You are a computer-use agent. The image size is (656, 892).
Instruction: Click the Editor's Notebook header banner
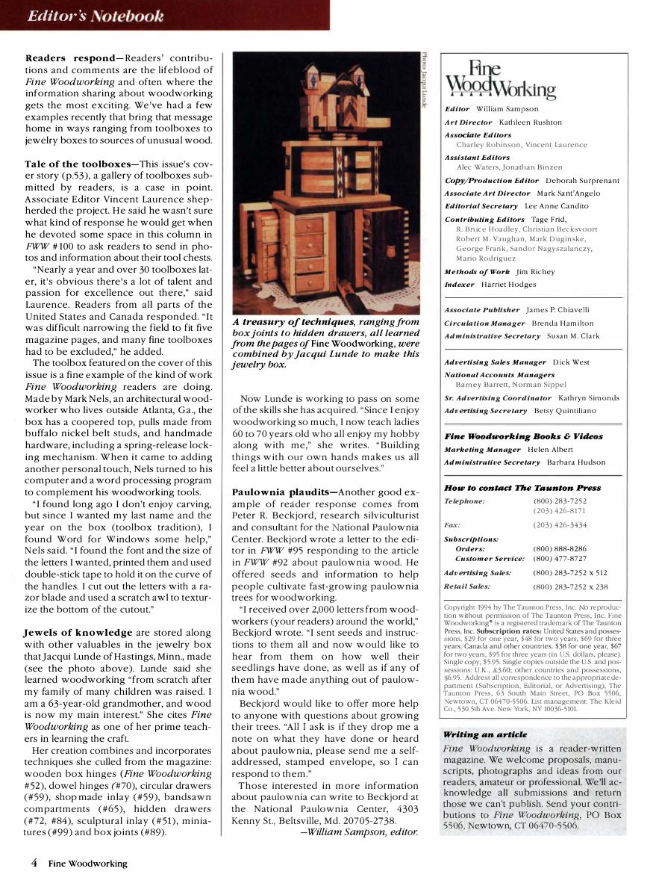(x=96, y=16)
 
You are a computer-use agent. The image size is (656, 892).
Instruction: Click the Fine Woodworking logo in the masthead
(x=500, y=80)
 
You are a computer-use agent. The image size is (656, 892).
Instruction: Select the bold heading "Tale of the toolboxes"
(x=78, y=164)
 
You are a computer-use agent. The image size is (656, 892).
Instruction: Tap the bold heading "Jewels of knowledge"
(x=78, y=633)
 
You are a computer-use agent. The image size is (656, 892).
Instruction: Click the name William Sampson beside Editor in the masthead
(x=507, y=109)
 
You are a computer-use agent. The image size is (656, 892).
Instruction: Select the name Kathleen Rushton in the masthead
(x=531, y=123)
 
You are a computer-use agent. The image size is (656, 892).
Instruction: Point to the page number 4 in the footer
(x=34, y=863)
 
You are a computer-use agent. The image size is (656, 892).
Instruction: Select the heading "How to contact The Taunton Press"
(x=522, y=488)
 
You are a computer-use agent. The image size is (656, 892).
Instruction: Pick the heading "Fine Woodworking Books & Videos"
(x=523, y=436)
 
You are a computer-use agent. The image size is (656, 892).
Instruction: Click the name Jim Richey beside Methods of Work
(x=536, y=272)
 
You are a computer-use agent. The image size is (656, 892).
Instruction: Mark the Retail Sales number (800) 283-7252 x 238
(x=570, y=587)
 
